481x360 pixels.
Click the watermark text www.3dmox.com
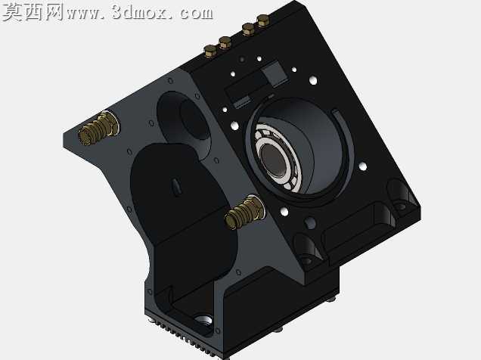point(139,13)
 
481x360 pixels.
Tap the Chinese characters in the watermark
point(33,12)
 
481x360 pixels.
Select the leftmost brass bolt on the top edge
point(211,51)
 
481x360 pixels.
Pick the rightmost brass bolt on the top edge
point(263,21)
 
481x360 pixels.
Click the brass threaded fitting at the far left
point(98,128)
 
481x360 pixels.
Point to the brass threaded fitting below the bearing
point(245,213)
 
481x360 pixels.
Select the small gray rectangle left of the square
point(242,102)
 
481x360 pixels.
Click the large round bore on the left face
point(184,121)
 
